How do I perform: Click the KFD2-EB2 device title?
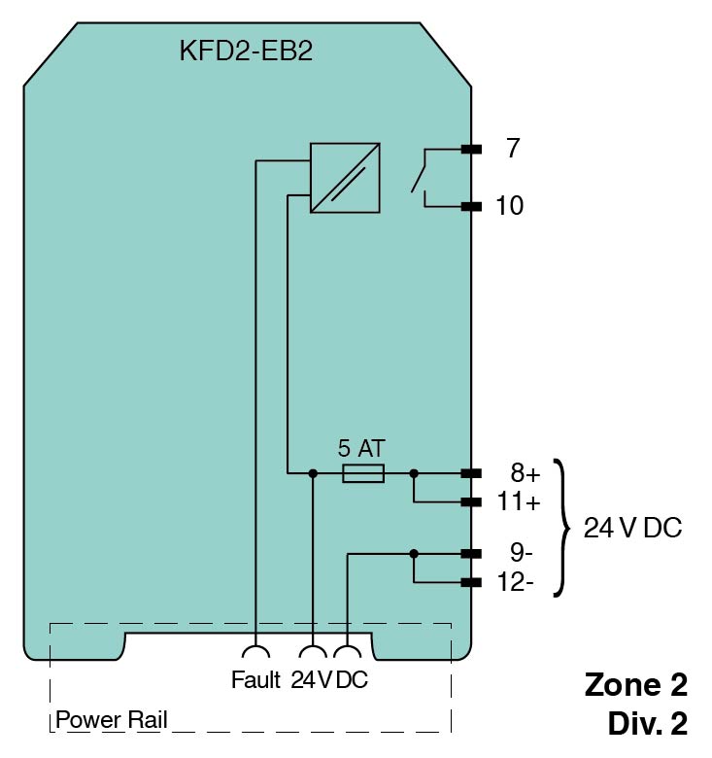point(245,52)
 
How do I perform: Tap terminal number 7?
point(513,149)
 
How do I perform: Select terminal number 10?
point(509,206)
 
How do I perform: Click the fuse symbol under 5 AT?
point(363,473)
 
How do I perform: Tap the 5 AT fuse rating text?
point(361,449)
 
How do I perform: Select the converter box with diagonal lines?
point(345,178)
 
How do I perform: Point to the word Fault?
point(255,680)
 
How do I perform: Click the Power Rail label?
point(112,720)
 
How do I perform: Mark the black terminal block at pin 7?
point(472,149)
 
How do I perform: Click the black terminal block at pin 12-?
point(472,583)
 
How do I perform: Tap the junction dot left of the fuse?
point(312,473)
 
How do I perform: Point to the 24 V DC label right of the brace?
point(632,528)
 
